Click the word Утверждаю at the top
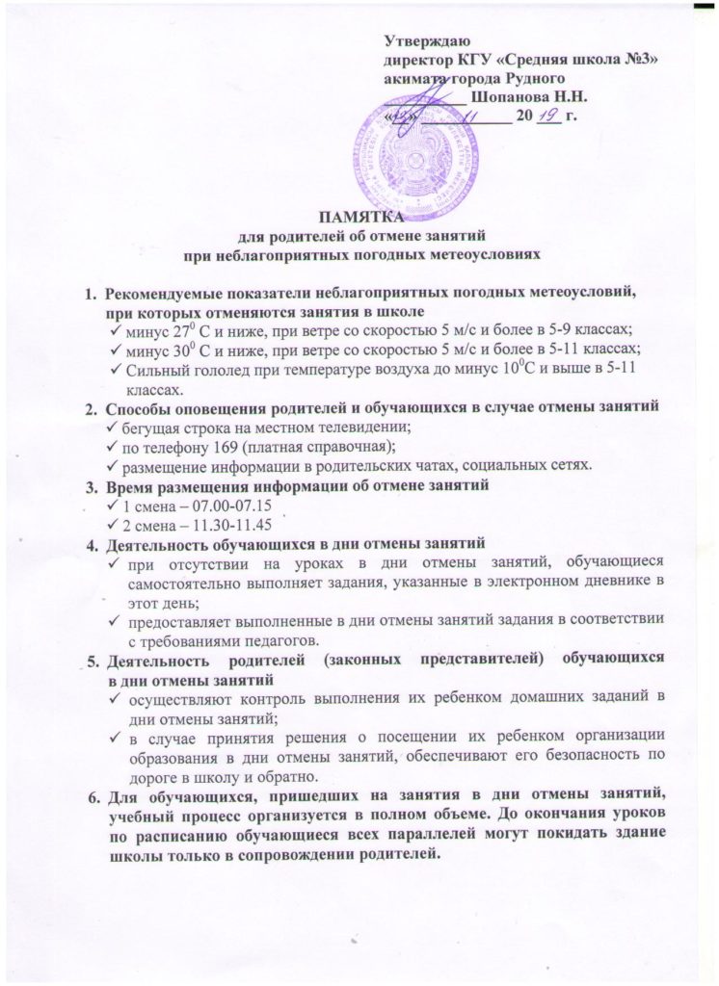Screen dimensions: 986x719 425,41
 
